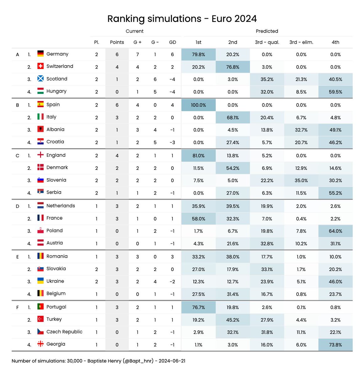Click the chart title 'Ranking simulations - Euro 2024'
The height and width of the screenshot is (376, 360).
pyautogui.click(x=182, y=19)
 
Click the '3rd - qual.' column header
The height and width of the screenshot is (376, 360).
pyautogui.click(x=267, y=42)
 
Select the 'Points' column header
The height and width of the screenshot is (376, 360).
pyautogui.click(x=117, y=42)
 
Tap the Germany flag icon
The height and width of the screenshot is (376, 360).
pyautogui.click(x=40, y=54)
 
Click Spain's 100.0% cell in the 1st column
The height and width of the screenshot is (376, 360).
pyautogui.click(x=199, y=105)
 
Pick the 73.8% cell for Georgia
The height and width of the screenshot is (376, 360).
pyautogui.click(x=335, y=345)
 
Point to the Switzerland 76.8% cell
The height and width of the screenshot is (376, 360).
pyautogui.click(x=233, y=67)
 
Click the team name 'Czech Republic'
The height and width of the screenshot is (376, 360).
pyautogui.click(x=64, y=332)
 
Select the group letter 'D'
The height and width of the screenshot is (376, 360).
pyautogui.click(x=18, y=206)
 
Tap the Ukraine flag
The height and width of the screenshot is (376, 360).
pyautogui.click(x=40, y=281)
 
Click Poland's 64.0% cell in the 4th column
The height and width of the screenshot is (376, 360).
pyautogui.click(x=335, y=231)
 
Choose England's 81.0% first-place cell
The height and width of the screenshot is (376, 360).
pyautogui.click(x=199, y=156)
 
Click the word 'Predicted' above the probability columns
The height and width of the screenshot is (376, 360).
pyautogui.click(x=267, y=31)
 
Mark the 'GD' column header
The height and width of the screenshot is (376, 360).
pyautogui.click(x=172, y=42)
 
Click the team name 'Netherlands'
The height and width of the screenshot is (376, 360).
pyautogui.click(x=61, y=206)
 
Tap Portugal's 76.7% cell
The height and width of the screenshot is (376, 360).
pyautogui.click(x=199, y=307)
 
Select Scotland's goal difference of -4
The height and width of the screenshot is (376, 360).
pyautogui.click(x=172, y=80)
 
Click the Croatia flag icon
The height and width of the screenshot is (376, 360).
pyautogui.click(x=40, y=141)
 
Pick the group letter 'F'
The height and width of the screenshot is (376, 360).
pyautogui.click(x=18, y=307)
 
